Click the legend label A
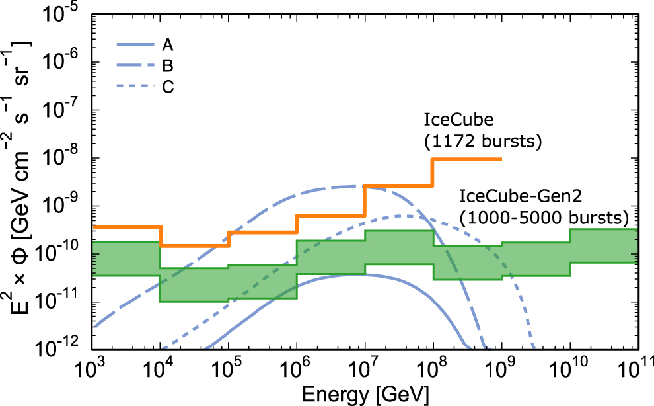(x=167, y=45)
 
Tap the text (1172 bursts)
(x=482, y=141)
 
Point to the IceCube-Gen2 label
(x=517, y=196)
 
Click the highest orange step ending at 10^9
(x=467, y=159)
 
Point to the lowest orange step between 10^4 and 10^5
(x=195, y=245)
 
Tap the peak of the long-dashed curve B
(x=350, y=186)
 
